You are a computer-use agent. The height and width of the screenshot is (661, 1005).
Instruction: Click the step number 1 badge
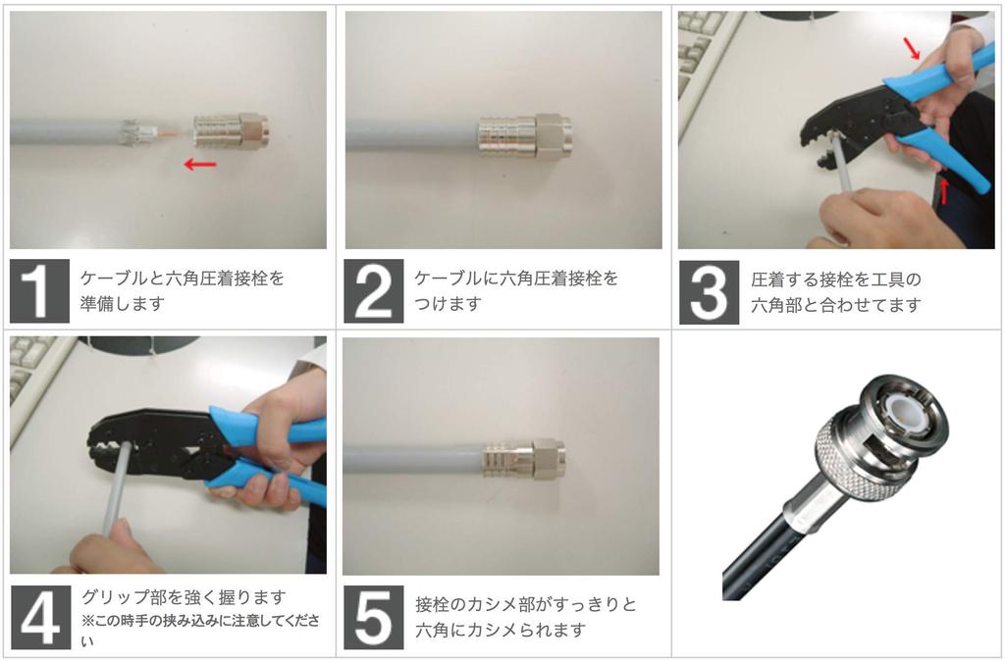tap(39, 291)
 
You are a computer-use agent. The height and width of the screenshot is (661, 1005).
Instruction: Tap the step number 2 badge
tap(373, 291)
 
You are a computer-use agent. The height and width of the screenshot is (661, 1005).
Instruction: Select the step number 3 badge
tap(709, 291)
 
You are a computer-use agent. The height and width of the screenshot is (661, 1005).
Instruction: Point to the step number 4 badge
tap(39, 617)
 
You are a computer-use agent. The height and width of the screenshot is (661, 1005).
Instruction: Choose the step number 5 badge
tap(373, 617)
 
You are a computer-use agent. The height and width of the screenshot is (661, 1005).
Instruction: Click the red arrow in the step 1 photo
tap(200, 165)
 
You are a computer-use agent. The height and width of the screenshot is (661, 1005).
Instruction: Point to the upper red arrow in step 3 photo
tap(913, 47)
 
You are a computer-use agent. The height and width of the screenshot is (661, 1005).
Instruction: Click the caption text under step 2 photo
tap(516, 291)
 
